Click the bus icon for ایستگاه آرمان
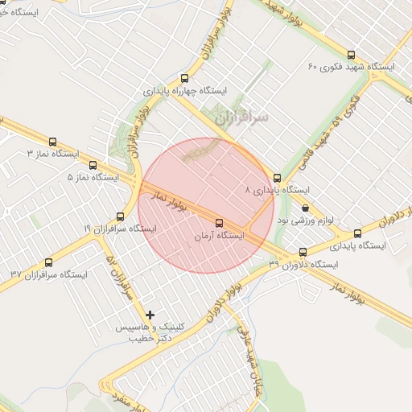tap(219, 223)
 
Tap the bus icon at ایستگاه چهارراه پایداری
tap(185, 79)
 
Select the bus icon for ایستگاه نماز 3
tap(53, 142)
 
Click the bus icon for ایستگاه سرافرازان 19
tap(120, 216)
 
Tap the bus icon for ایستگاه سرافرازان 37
tap(48, 262)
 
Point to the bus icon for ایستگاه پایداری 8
tap(278, 178)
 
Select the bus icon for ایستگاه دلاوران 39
tap(303, 251)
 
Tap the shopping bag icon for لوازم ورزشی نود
tap(304, 208)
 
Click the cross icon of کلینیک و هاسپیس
tap(150, 313)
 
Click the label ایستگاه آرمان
tap(219, 237)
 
